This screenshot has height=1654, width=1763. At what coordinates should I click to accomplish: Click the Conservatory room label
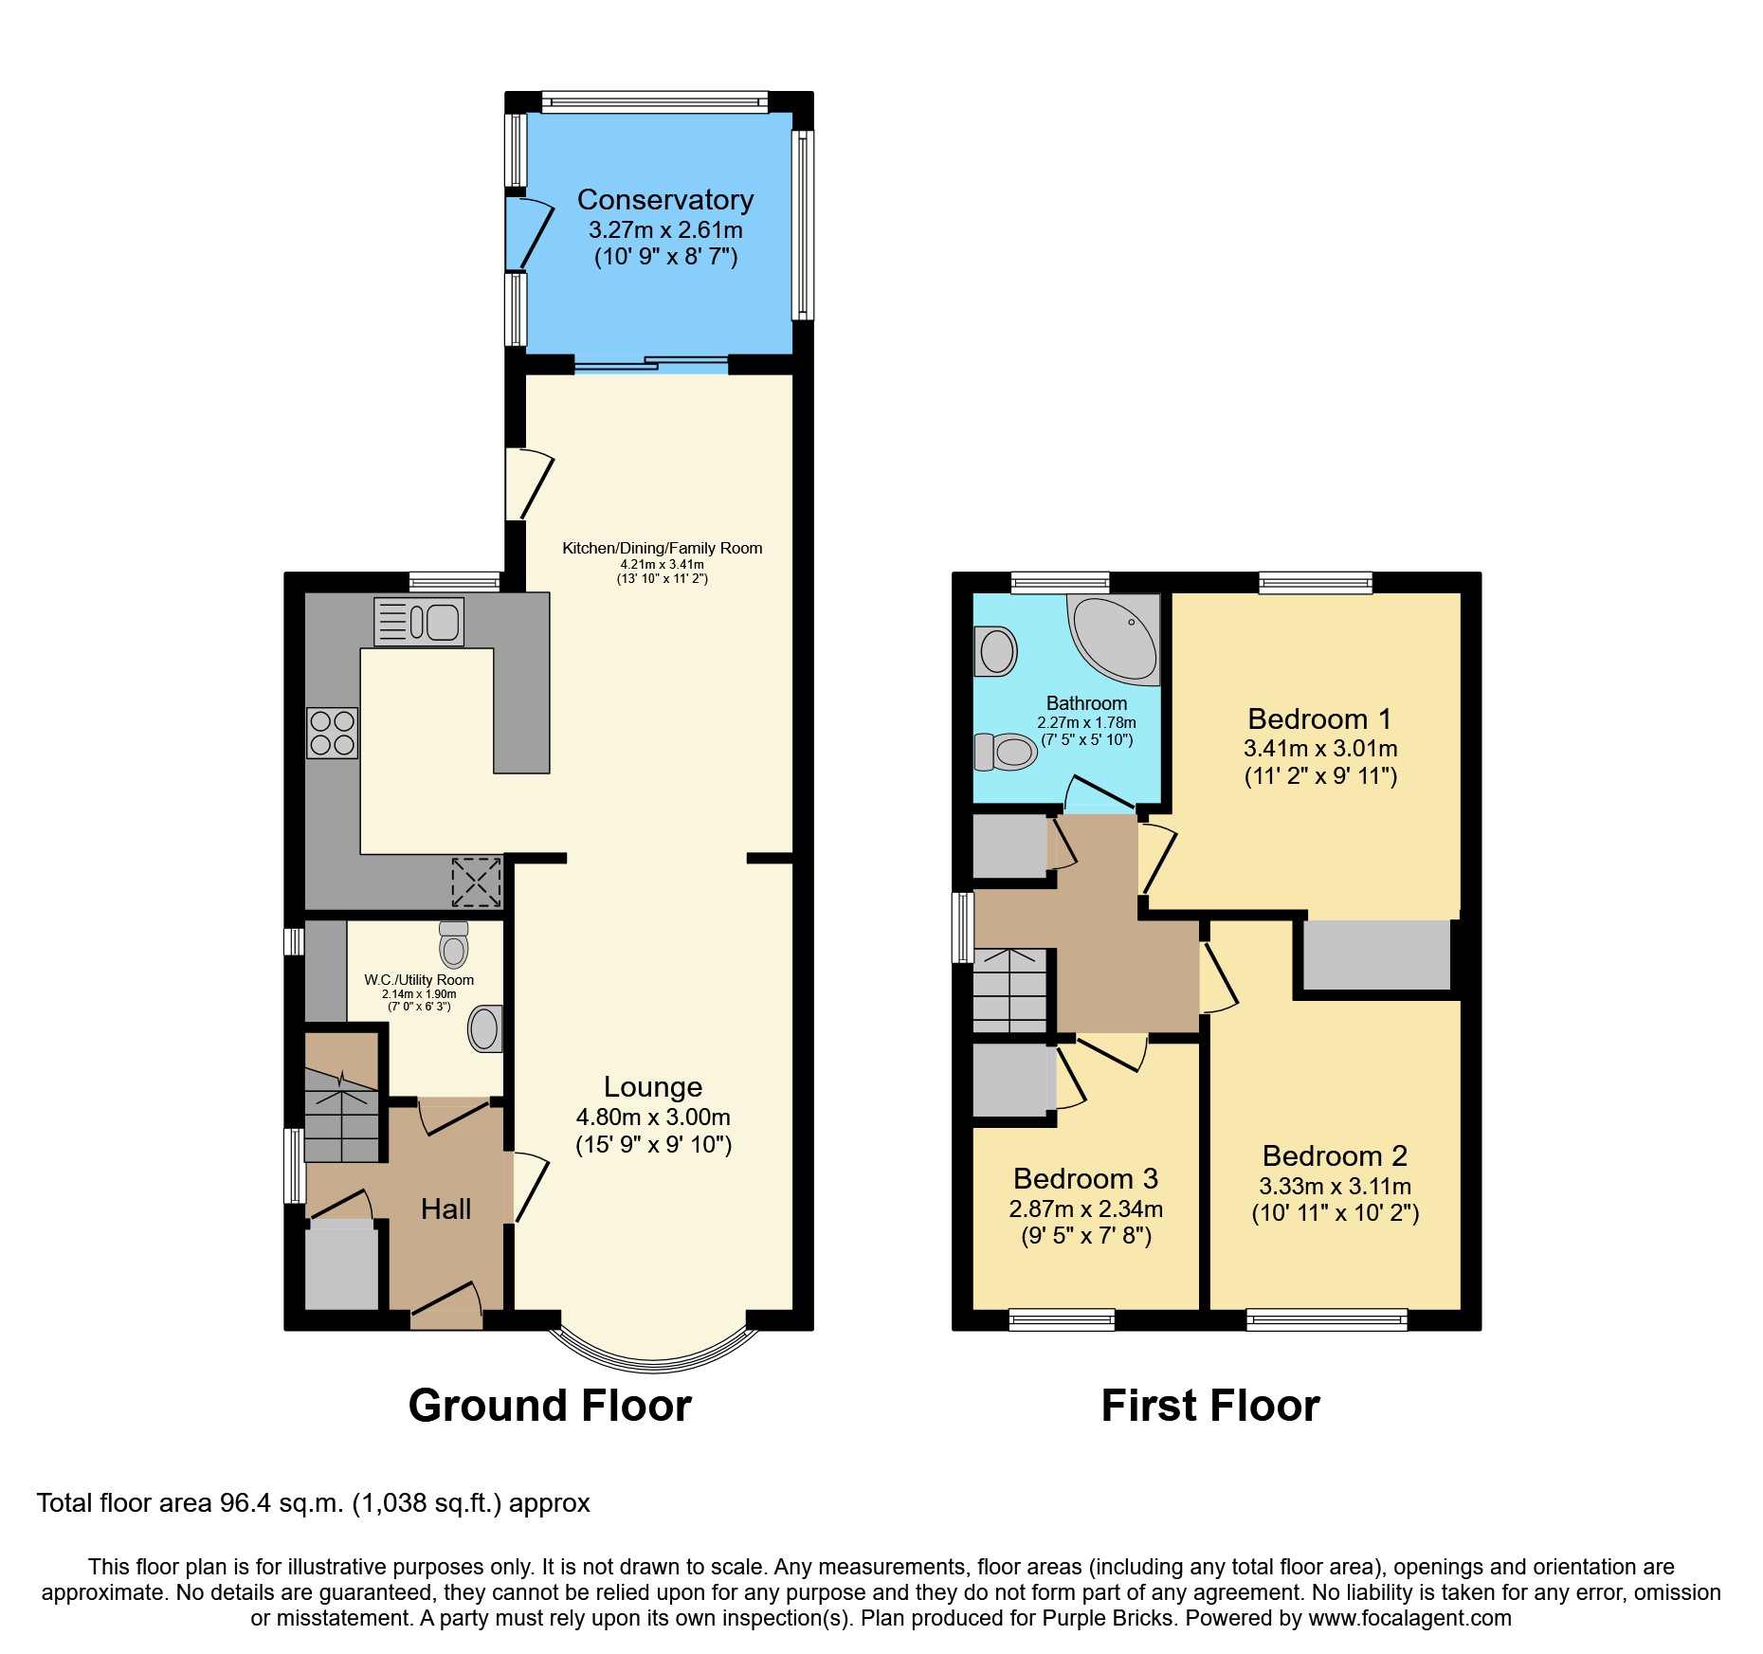[x=664, y=200]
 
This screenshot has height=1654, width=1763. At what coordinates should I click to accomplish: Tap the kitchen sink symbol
[x=419, y=622]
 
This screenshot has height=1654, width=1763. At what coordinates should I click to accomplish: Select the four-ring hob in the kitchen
[x=332, y=733]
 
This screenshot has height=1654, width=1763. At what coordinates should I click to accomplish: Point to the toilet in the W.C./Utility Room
[x=454, y=944]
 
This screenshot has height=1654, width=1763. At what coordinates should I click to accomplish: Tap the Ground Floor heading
[x=550, y=1405]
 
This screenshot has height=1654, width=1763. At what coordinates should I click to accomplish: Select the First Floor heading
[x=1209, y=1405]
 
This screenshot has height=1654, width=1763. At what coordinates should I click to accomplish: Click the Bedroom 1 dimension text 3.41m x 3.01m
[x=1319, y=748]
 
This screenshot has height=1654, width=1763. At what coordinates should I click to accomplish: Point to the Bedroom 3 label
[x=1085, y=1178]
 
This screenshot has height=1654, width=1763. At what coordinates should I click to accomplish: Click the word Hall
[x=445, y=1209]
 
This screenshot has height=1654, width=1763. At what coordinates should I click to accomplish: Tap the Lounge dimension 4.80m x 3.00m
[x=653, y=1117]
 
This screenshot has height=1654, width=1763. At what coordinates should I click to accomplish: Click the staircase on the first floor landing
[x=1010, y=991]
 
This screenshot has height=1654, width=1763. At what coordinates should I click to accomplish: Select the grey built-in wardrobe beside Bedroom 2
[x=1376, y=955]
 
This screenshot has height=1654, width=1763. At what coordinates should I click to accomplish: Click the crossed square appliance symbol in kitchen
[x=476, y=882]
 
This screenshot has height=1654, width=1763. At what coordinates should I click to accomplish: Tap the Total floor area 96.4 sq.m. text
[x=313, y=1503]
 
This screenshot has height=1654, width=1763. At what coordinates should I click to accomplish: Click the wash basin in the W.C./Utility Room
[x=485, y=1028]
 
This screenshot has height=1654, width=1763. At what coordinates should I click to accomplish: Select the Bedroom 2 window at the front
[x=1326, y=1318]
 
